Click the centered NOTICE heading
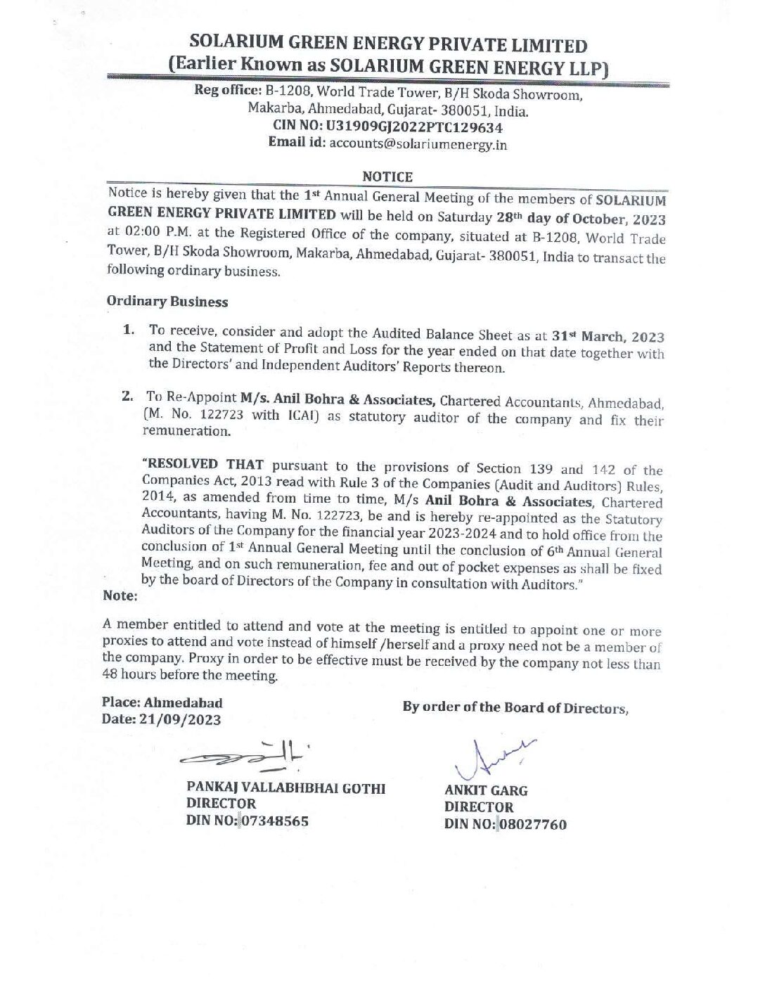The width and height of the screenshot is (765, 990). (x=387, y=176)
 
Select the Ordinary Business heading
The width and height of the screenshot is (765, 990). (x=167, y=302)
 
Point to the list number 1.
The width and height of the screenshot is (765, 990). (x=129, y=330)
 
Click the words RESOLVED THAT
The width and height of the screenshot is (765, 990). (x=202, y=465)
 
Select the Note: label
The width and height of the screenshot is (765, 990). (x=120, y=596)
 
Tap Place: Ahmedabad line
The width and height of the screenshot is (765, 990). (x=162, y=702)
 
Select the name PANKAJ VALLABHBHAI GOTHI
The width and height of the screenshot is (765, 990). (x=285, y=787)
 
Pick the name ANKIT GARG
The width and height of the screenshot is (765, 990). (x=486, y=790)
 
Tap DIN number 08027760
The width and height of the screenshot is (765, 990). (x=532, y=824)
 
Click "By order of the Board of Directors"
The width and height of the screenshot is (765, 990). (x=515, y=707)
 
